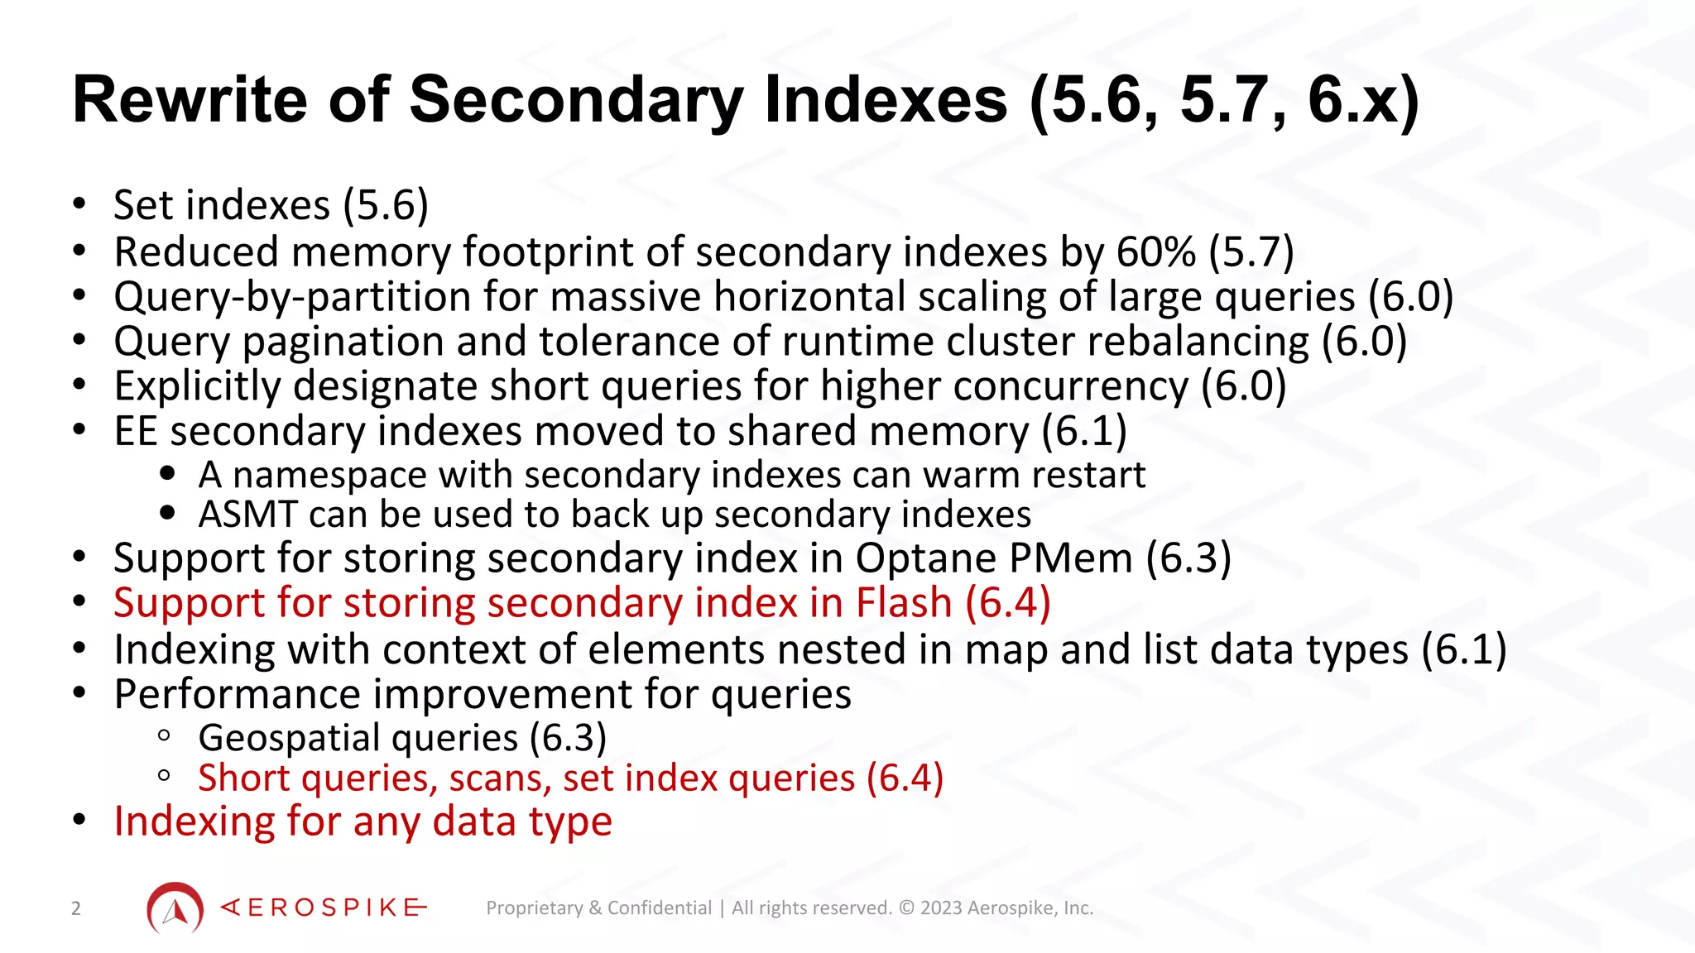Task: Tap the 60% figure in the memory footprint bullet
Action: [x=1155, y=251]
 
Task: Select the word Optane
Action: [x=914, y=558]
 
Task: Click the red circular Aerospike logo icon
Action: [x=175, y=908]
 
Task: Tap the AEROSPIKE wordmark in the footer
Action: [x=324, y=908]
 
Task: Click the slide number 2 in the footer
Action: [x=76, y=908]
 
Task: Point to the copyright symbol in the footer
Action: [x=906, y=908]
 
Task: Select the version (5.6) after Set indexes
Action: [x=386, y=205]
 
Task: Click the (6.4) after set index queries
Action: [x=905, y=778]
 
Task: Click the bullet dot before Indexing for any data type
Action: [x=79, y=821]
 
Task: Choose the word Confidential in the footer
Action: [x=659, y=908]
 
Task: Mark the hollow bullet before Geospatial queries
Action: [x=164, y=735]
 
